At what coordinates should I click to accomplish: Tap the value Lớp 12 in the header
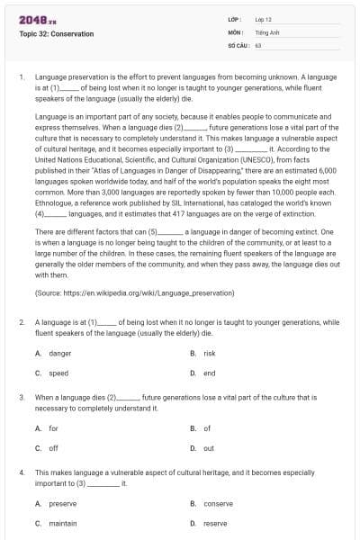pos(265,18)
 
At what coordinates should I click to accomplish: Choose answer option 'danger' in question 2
pos(59,354)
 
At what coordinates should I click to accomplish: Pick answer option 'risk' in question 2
pos(210,354)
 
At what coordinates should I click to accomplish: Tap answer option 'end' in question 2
pos(209,373)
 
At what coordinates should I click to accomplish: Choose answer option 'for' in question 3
pos(53,428)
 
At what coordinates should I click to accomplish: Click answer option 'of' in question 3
pos(207,428)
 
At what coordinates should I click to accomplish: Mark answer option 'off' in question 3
pos(53,447)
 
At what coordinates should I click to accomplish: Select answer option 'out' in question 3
pos(208,447)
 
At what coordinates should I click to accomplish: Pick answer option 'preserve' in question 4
pos(62,503)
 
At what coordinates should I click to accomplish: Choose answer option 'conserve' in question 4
pos(218,503)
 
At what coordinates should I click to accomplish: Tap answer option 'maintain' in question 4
pos(62,523)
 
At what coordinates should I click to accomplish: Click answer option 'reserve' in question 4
pos(215,523)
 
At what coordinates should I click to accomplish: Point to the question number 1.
pos(21,78)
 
